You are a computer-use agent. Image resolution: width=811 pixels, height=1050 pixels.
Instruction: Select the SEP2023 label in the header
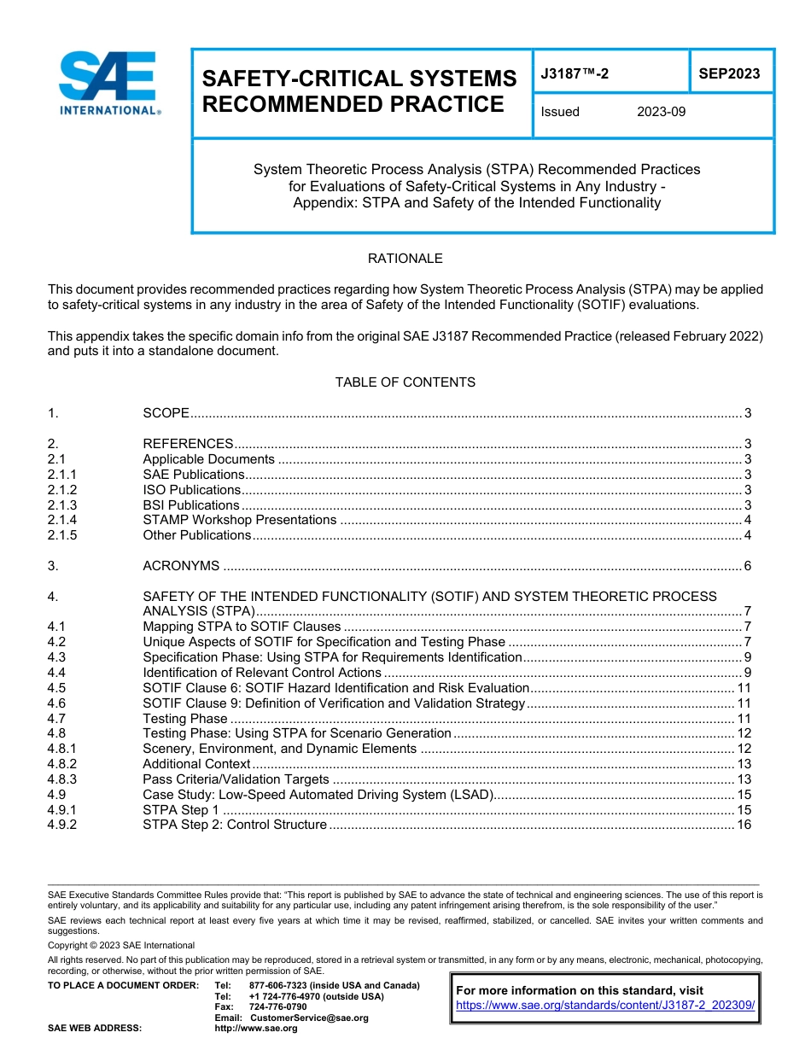(x=729, y=74)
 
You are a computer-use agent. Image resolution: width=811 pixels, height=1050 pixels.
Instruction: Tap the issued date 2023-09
(x=661, y=112)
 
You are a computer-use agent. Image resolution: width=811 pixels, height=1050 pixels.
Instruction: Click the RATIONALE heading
(x=405, y=259)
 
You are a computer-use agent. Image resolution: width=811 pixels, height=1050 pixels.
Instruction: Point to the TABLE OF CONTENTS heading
(x=405, y=382)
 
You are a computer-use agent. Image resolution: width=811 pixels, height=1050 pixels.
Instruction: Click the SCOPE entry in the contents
(x=166, y=413)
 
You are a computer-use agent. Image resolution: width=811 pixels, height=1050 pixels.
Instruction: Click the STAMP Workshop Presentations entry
(x=239, y=520)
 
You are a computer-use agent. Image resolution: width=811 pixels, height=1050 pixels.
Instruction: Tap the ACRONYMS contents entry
(x=181, y=566)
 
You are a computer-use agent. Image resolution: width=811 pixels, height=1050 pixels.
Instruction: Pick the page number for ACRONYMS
(x=747, y=566)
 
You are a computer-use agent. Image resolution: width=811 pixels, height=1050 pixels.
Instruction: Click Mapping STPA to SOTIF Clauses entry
(x=242, y=627)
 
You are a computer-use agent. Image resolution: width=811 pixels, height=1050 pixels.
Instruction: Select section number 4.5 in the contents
(x=56, y=688)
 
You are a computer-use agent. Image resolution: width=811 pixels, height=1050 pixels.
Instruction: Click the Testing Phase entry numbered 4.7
(x=184, y=719)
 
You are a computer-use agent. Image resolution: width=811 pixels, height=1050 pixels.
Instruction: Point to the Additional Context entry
(x=196, y=764)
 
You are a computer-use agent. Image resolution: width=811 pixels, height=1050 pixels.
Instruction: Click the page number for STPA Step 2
(x=744, y=825)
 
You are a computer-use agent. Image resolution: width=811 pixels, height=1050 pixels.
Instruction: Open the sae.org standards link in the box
(x=605, y=1006)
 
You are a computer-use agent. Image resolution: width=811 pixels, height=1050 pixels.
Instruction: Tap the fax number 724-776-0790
(x=277, y=1006)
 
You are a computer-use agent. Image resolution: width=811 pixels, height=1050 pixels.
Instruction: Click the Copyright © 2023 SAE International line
(x=121, y=945)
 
